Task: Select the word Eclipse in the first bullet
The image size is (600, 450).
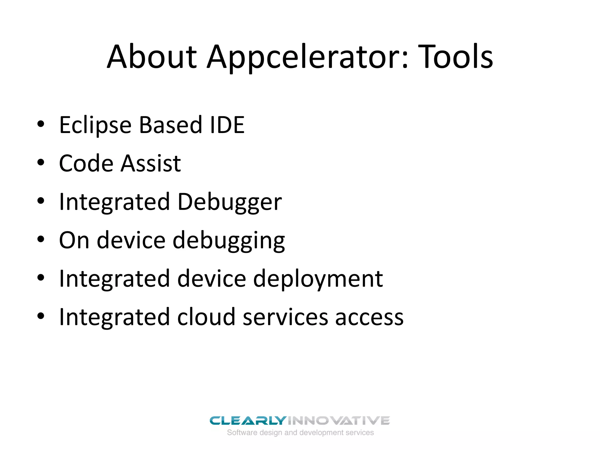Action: [x=95, y=125]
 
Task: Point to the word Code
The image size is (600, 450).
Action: [x=86, y=163]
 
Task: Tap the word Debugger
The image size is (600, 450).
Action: [x=229, y=202]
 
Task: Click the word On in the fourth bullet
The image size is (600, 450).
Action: [x=74, y=240]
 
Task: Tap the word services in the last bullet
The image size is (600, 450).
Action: [x=285, y=318]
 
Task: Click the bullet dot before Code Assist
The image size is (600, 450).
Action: [x=41, y=163]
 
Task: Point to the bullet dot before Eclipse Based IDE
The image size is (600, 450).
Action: [x=41, y=124]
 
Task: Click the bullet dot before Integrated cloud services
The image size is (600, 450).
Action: [x=41, y=316]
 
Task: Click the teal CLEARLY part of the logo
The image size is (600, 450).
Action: [x=248, y=421]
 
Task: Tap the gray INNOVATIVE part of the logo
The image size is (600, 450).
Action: [x=338, y=421]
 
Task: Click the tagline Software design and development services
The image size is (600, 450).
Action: [x=300, y=433]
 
